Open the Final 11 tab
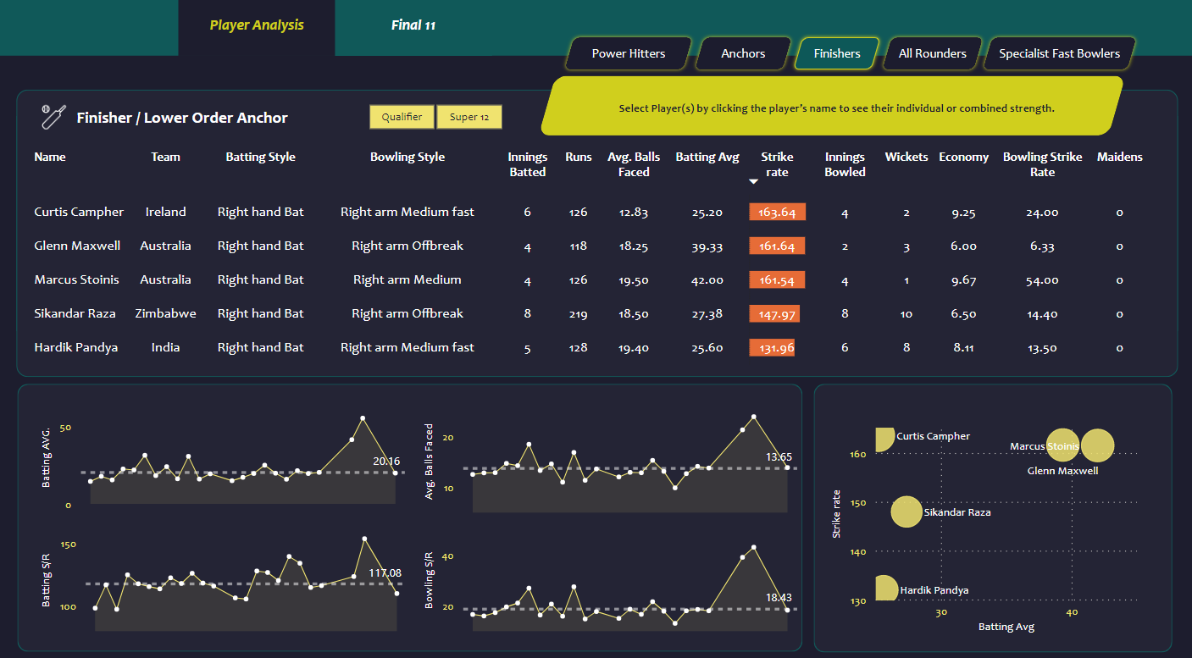click(413, 25)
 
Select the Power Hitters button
click(628, 53)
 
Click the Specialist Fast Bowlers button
click(1059, 53)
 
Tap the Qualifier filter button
click(402, 117)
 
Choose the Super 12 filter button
click(469, 117)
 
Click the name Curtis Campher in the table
click(79, 212)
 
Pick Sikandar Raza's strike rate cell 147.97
click(773, 313)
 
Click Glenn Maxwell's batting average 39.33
click(707, 246)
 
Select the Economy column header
click(963, 157)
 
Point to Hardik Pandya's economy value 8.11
click(963, 347)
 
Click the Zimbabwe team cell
click(165, 313)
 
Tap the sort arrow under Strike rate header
click(753, 181)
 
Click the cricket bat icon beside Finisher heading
click(53, 117)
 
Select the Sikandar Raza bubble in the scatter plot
click(906, 511)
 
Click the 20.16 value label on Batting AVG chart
click(386, 461)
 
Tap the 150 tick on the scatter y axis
click(857, 503)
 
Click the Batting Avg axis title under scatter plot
click(1006, 627)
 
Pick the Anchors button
click(743, 53)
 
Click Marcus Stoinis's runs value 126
click(578, 280)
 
